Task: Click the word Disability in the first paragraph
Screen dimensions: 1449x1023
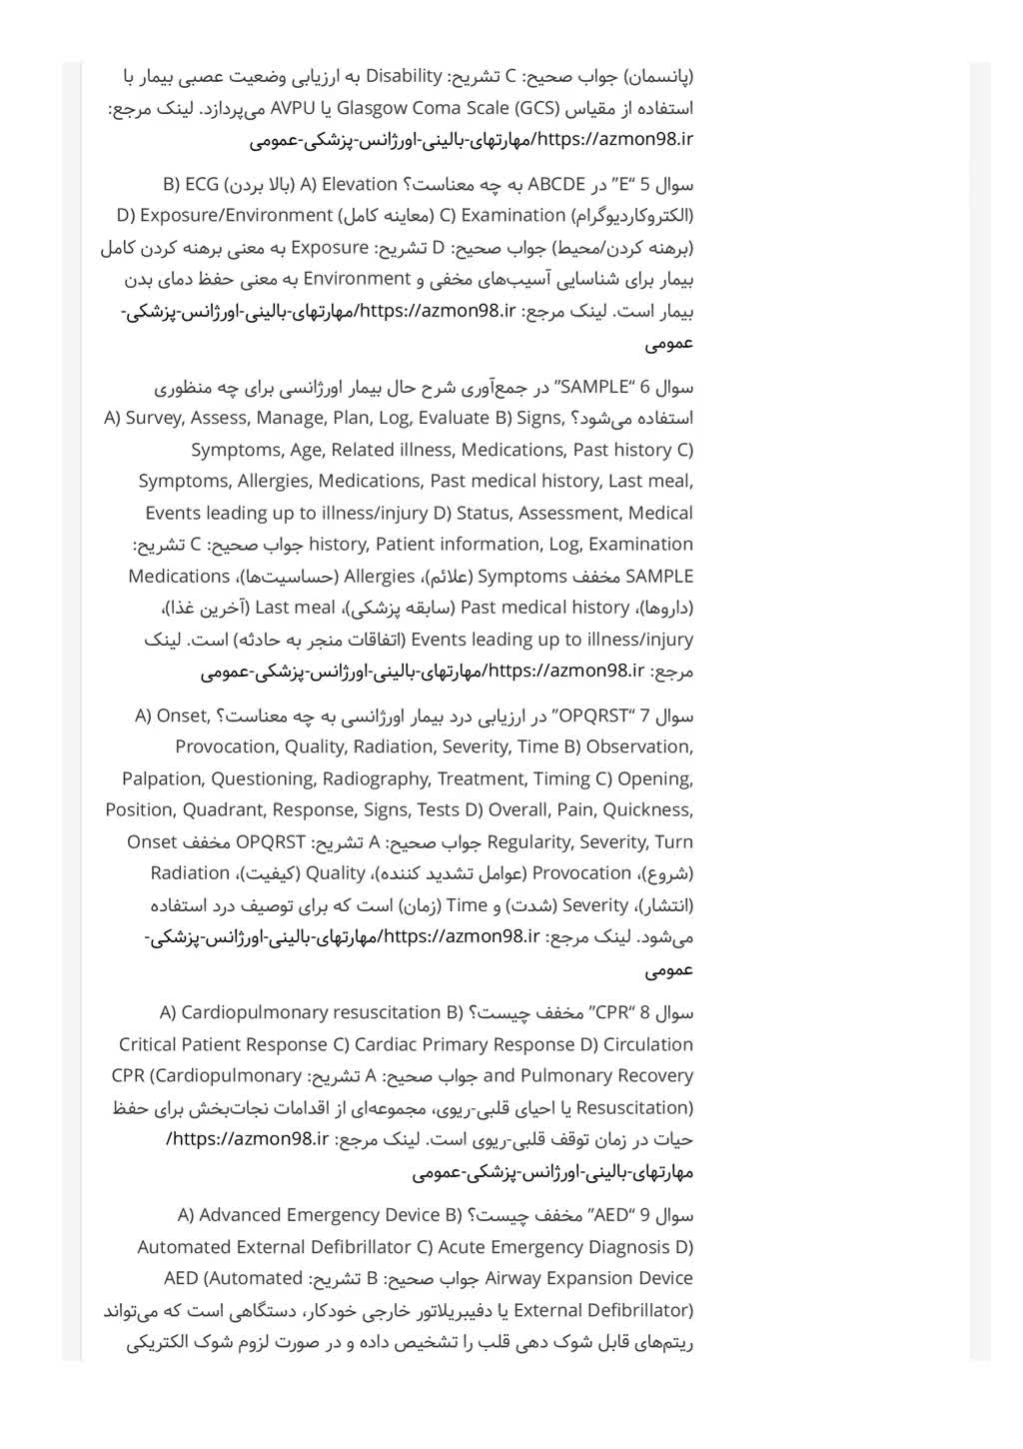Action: pyautogui.click(x=404, y=76)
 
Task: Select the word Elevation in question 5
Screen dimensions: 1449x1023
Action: pyautogui.click(x=359, y=184)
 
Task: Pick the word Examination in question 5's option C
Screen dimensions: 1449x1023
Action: pyautogui.click(x=512, y=215)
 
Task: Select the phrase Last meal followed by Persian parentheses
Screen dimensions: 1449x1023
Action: pyautogui.click(x=295, y=608)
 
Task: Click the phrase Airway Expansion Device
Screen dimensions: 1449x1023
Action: pyautogui.click(x=588, y=1278)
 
